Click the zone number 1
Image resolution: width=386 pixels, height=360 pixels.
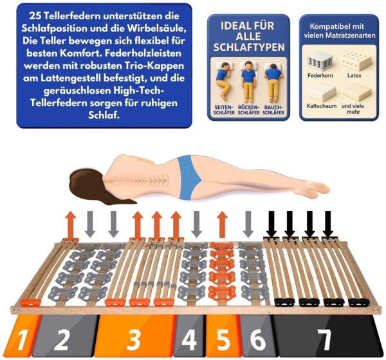(22, 340)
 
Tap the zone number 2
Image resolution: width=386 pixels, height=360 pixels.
(62, 340)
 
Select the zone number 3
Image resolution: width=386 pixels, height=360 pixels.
(133, 340)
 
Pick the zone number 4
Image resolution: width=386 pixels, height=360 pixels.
(189, 340)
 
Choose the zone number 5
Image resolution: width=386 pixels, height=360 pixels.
(223, 340)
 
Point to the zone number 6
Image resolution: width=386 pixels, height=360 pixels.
(258, 340)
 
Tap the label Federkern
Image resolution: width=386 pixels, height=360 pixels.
(320, 75)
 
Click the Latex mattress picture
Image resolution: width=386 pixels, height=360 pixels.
(354, 61)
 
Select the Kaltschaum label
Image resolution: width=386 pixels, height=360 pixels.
(322, 106)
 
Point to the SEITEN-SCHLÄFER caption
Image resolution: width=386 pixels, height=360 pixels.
(224, 110)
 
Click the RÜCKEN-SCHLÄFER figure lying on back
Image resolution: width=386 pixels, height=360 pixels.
(248, 82)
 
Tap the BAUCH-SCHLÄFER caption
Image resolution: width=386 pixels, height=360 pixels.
(273, 110)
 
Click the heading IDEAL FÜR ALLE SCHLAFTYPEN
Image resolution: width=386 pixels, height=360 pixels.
(248, 37)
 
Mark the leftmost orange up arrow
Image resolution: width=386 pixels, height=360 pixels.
(71, 224)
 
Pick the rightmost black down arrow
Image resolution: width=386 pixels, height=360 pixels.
(328, 224)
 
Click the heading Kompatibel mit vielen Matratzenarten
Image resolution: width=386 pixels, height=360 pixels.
(339, 31)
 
